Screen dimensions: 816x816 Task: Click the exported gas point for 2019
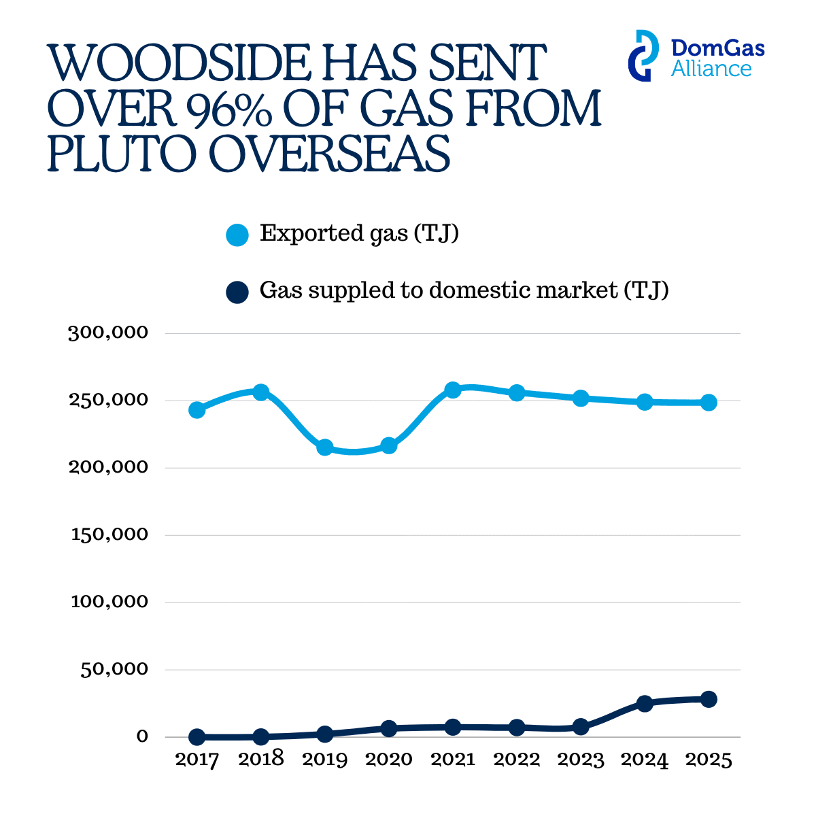[x=325, y=447]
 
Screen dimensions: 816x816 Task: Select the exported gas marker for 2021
[x=453, y=390]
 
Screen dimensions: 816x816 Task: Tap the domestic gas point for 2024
[x=645, y=704]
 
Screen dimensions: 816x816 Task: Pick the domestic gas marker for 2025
[x=709, y=699]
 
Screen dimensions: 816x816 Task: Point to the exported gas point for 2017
[x=197, y=410]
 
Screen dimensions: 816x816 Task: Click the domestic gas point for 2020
[x=389, y=728]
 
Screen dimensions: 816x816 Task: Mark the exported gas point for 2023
[x=581, y=398]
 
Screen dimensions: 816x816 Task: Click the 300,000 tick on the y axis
[x=108, y=333]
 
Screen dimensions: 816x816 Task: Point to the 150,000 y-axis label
[x=109, y=534]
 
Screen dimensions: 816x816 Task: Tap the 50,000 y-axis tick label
[x=114, y=669]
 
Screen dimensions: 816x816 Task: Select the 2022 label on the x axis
[x=517, y=760]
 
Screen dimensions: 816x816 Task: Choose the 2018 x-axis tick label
[x=261, y=760]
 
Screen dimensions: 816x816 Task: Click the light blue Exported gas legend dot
[x=237, y=235]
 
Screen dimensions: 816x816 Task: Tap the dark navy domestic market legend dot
[x=237, y=292]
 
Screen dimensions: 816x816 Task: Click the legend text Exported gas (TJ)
[x=359, y=234]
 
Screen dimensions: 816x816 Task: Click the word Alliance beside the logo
[x=711, y=69]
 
